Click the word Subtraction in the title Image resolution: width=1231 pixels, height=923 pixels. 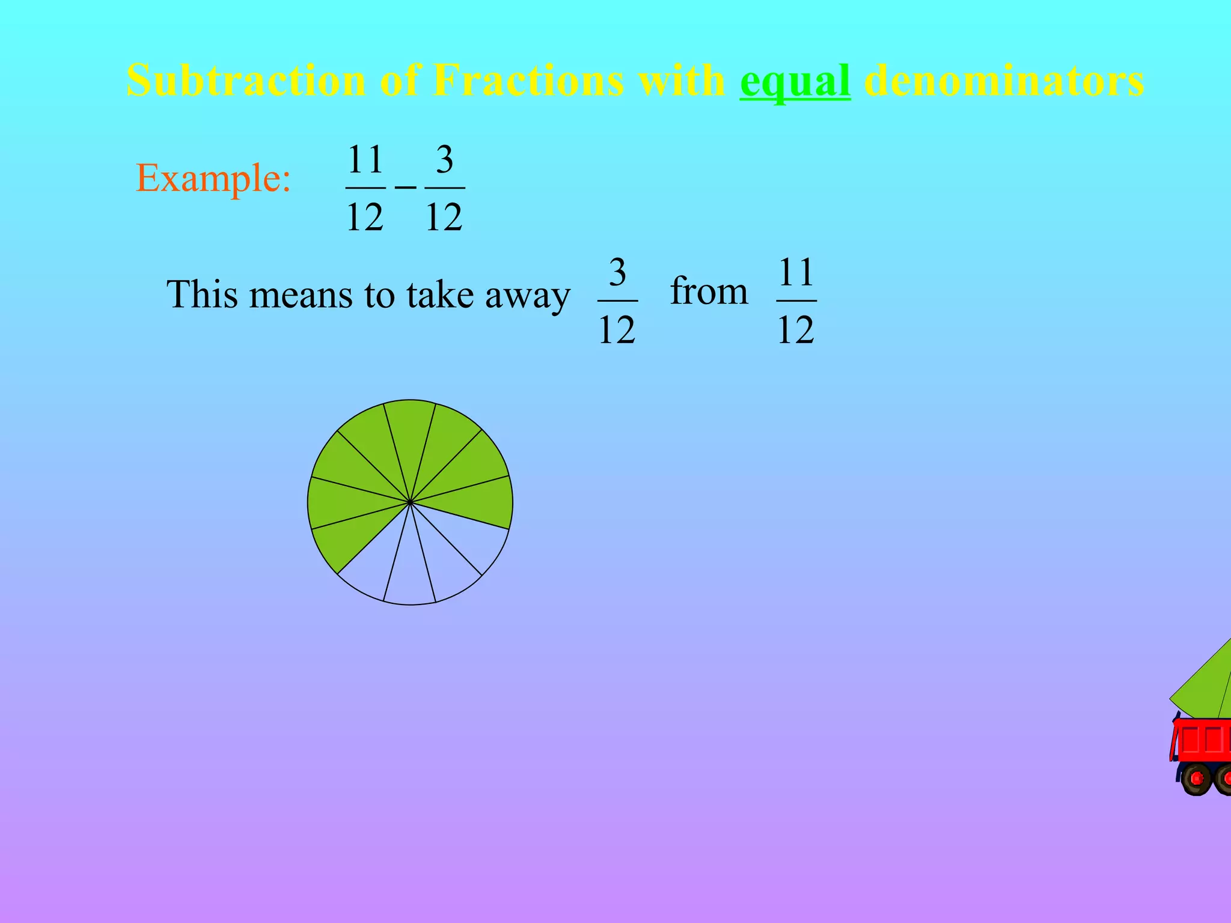click(246, 81)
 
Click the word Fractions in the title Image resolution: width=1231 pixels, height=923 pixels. click(528, 81)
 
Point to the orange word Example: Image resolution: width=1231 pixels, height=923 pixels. click(213, 178)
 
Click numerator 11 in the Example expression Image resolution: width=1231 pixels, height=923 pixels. click(365, 160)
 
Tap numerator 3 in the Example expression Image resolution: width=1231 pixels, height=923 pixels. click(444, 160)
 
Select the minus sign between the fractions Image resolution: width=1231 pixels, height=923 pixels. click(405, 188)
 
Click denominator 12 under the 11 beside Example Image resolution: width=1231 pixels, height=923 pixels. click(365, 217)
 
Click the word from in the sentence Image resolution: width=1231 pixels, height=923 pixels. click(709, 291)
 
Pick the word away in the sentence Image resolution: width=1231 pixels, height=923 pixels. click(527, 296)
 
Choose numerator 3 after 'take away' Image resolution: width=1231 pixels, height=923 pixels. click(617, 273)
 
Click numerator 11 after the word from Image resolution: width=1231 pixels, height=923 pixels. click(796, 273)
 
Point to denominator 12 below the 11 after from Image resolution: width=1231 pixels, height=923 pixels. click(796, 330)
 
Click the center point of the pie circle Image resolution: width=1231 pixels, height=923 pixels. click(410, 502)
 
